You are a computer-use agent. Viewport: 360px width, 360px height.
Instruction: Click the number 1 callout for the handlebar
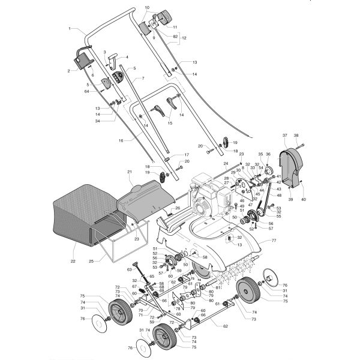coord(70,28)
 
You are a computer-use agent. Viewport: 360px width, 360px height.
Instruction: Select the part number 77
coord(274,240)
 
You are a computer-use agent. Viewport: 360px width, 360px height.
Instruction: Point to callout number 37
coord(285,135)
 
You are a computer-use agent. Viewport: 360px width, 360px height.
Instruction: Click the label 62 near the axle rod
coord(225,326)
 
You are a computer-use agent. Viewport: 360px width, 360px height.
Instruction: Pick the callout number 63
coord(129,270)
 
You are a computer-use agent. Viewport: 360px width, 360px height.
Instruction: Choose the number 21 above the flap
coord(128,172)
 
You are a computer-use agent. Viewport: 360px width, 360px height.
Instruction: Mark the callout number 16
coord(121,140)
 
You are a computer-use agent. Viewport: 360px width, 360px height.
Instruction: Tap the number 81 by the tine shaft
coord(218,288)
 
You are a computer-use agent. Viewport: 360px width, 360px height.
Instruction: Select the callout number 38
coord(296,135)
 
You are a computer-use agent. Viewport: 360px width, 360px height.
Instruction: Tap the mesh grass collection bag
coord(78,216)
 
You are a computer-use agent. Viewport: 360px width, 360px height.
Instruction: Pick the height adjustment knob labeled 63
coord(139,266)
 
